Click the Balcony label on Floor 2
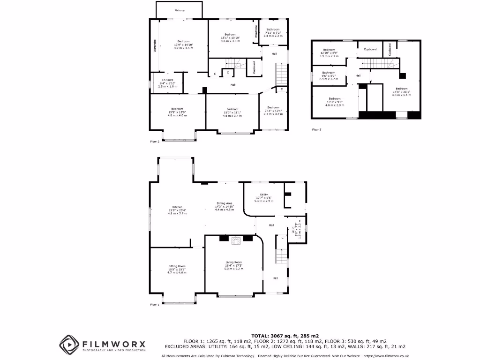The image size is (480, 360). pos(180,10)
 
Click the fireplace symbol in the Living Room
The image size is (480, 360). pos(236,241)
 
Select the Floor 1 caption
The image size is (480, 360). pos(155,305)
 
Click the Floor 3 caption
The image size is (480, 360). pos(317,129)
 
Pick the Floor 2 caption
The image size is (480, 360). pos(155,141)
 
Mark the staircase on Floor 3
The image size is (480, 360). pos(377,63)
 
